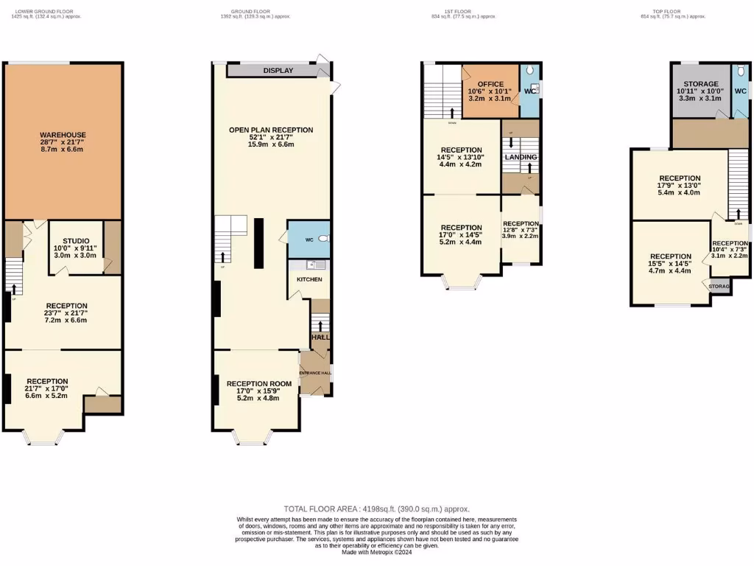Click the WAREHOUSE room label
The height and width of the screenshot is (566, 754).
tap(63, 135)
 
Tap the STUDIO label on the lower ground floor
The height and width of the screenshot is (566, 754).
tap(75, 240)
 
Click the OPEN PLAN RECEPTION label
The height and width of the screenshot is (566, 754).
tap(271, 130)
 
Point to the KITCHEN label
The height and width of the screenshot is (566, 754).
tap(309, 280)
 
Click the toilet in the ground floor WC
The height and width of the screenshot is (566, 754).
tap(323, 239)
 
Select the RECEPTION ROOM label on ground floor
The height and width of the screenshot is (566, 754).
tap(259, 383)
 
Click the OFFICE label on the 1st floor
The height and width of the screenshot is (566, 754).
tap(490, 84)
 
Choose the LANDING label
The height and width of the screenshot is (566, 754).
tap(520, 157)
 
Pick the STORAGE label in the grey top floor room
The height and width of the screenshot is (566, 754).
tap(700, 84)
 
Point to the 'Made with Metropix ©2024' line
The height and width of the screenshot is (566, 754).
tap(377, 553)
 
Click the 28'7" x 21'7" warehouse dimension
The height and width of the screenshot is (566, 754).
tap(63, 142)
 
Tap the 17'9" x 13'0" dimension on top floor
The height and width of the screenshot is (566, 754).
tap(680, 185)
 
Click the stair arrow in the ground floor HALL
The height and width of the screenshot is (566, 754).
tap(320, 324)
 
